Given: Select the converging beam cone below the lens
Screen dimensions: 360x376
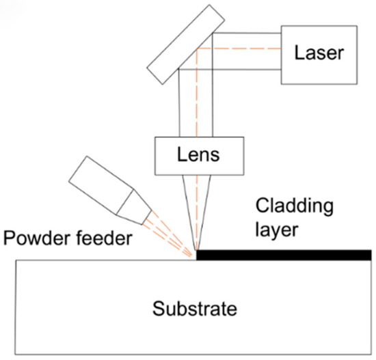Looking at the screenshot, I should [x=197, y=205].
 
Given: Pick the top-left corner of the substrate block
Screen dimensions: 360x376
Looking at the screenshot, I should [x=16, y=260].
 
